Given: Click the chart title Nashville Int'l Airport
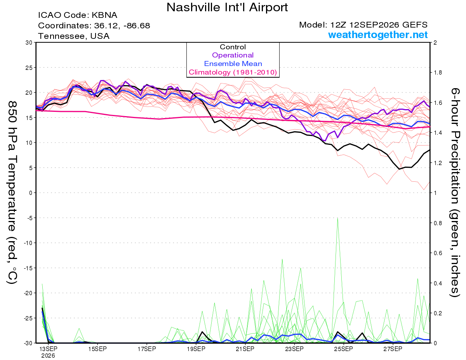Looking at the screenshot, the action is pyautogui.click(x=227, y=7).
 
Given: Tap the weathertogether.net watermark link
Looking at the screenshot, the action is pyautogui.click(x=378, y=35).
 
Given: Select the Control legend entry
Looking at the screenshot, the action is pyautogui.click(x=233, y=47).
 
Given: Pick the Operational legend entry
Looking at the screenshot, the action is pyautogui.click(x=233, y=55).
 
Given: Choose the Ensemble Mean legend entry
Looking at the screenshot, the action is pyautogui.click(x=233, y=64).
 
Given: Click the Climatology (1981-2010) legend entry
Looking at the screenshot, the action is pyautogui.click(x=233, y=72).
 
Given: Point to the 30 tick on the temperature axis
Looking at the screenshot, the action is pyautogui.click(x=29, y=43).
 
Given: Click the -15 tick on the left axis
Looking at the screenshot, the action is pyautogui.click(x=28, y=268).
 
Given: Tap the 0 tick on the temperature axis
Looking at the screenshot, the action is pyautogui.click(x=31, y=193).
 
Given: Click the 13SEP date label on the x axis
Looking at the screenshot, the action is pyautogui.click(x=48, y=349).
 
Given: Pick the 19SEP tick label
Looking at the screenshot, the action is pyautogui.click(x=196, y=349).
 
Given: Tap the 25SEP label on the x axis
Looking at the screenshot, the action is pyautogui.click(x=344, y=349).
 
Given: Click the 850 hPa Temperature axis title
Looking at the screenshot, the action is pyautogui.click(x=12, y=193).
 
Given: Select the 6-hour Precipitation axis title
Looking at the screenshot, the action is pyautogui.click(x=454, y=193).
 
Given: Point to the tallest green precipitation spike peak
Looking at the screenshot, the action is pyautogui.click(x=337, y=218).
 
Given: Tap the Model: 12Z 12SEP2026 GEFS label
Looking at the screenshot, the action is pyautogui.click(x=363, y=25).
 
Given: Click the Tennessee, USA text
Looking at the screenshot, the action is pyautogui.click(x=74, y=36).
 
